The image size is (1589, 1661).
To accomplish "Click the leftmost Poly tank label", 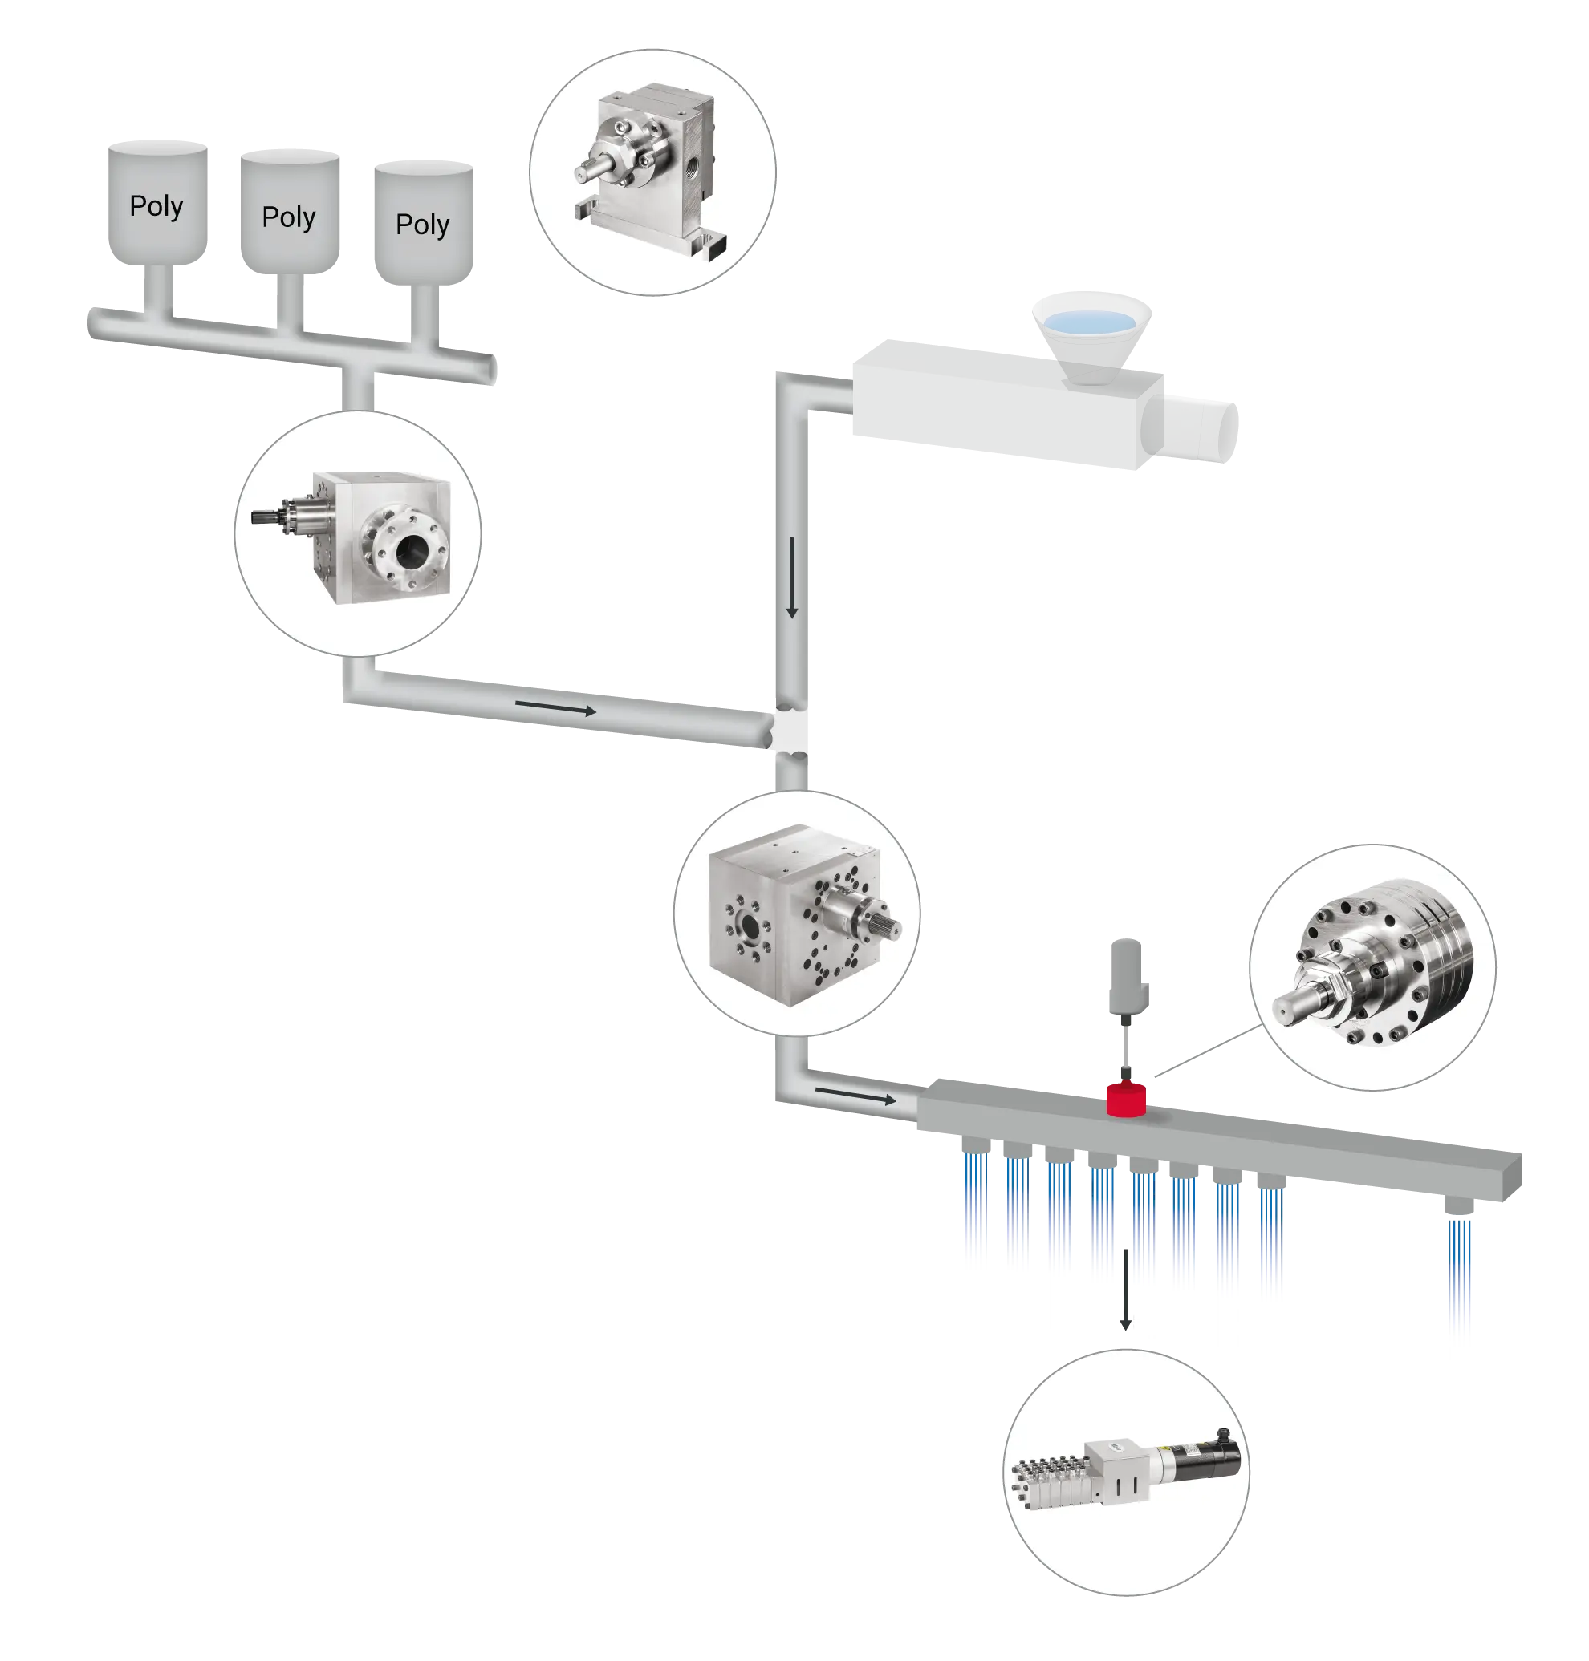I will [x=156, y=205].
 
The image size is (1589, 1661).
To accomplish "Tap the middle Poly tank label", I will [x=289, y=217].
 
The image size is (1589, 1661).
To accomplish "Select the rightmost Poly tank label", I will [x=422, y=225].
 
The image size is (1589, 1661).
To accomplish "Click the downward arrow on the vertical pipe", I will [x=792, y=577].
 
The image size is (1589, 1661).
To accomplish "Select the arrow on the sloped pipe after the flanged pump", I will [x=555, y=707].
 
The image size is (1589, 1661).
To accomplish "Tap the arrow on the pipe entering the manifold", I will [x=854, y=1096].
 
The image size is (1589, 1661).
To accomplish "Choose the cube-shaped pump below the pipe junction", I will [x=796, y=914].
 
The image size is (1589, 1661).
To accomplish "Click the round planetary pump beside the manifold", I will [x=1372, y=965].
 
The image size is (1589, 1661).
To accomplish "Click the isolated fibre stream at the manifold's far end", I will [x=1460, y=1304].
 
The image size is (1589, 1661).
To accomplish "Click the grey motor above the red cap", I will [x=1126, y=974].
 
